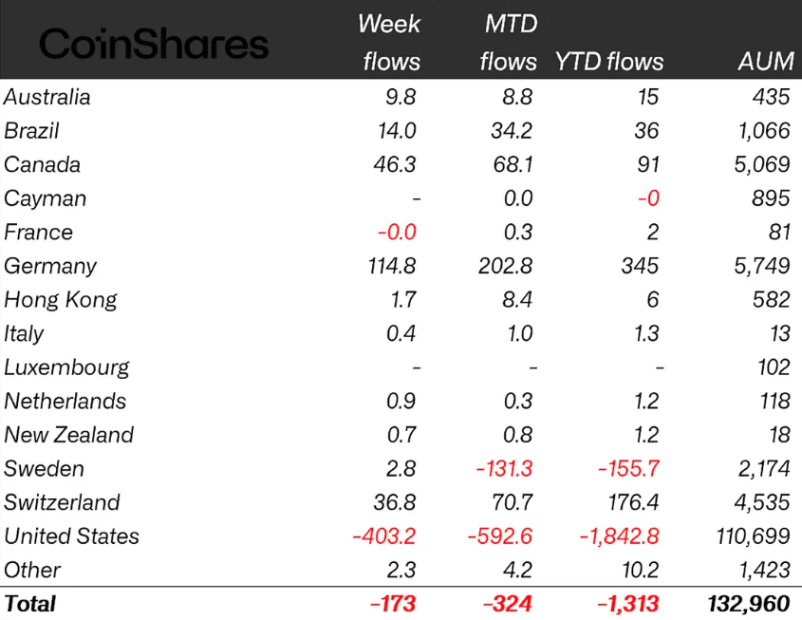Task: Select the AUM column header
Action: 765,62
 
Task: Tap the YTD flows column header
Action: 608,62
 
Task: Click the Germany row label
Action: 50,267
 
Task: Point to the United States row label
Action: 71,536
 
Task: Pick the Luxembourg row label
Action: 66,367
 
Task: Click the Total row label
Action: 30,604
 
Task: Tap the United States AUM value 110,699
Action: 751,536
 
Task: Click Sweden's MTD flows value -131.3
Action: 500,469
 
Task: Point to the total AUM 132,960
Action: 748,604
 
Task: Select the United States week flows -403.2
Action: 383,536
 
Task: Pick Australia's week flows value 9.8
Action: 399,97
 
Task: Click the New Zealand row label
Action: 68,435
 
